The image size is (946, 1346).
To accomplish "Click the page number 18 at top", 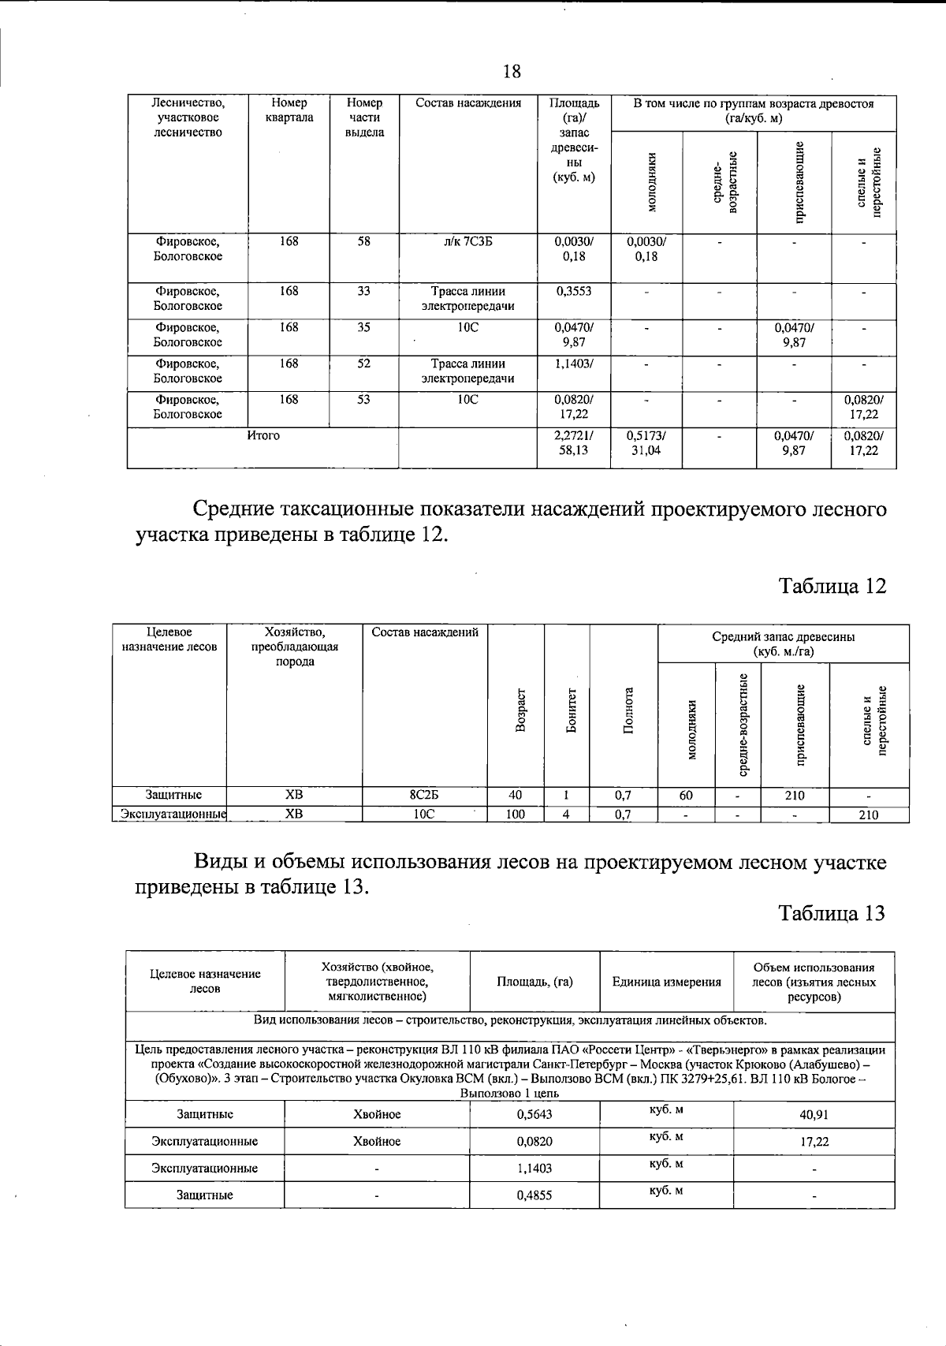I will [512, 72].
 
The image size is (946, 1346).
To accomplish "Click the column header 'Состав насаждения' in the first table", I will [467, 103].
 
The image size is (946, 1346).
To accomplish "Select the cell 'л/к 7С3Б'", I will [467, 243].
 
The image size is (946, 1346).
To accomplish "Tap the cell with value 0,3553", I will [573, 291].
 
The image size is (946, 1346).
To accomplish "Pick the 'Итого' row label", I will [263, 435].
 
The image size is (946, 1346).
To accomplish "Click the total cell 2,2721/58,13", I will [573, 443].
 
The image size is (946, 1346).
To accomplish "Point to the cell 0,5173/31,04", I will [646, 443].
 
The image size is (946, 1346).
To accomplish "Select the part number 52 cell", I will [363, 364].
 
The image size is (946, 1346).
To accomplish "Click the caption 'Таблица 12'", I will [832, 586].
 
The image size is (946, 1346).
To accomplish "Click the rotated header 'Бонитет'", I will [571, 710].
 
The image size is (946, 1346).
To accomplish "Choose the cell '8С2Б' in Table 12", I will [424, 795].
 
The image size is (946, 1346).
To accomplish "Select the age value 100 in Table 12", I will [515, 815].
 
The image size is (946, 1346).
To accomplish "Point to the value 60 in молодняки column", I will [686, 795].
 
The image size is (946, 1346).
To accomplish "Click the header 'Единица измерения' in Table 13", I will [666, 982].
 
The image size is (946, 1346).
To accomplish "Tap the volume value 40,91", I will [814, 1115].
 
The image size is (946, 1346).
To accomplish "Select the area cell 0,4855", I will [534, 1195].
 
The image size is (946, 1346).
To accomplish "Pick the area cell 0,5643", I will [534, 1115].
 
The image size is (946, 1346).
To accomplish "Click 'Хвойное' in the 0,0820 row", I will [377, 1141].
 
